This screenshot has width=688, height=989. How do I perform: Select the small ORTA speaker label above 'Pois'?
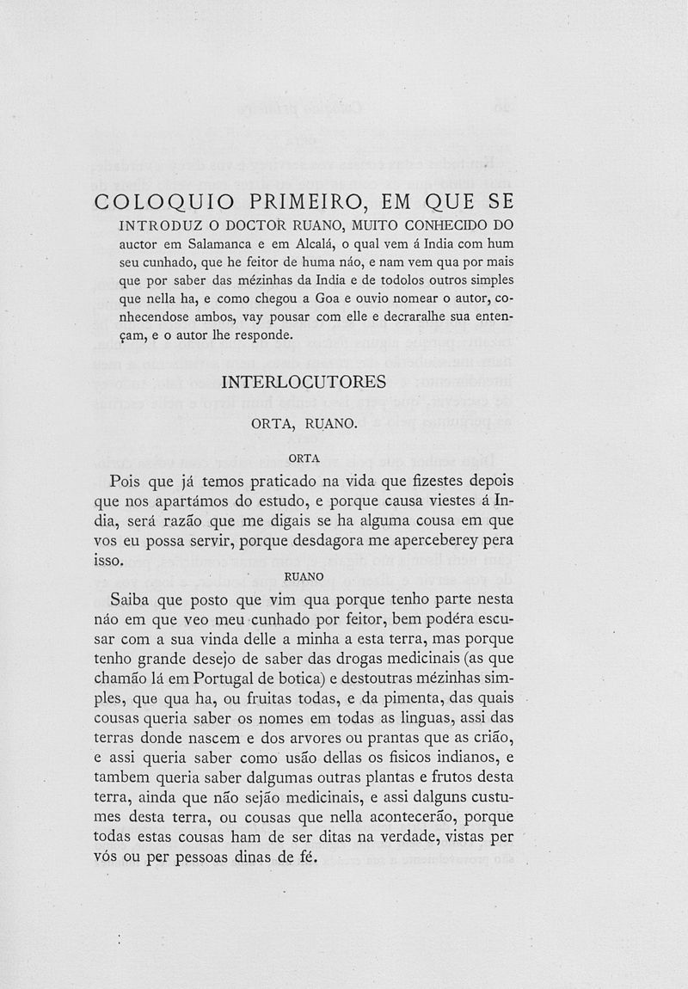(306, 458)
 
